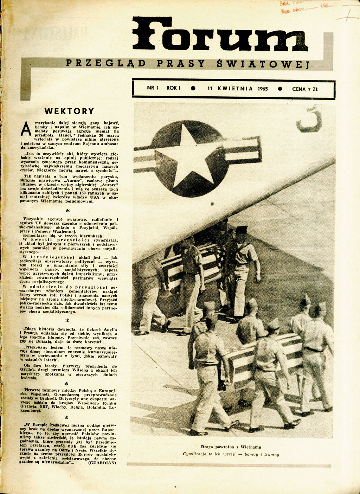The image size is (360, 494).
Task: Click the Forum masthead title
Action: tap(220, 34)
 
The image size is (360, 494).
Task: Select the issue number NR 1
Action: tap(153, 88)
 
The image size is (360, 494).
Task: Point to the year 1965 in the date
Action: tap(262, 89)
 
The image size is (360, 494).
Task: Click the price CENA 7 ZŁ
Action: tap(304, 89)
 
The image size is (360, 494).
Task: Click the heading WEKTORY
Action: tap(69, 111)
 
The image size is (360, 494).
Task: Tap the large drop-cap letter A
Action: tap(26, 129)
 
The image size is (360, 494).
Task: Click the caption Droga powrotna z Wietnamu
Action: tap(231, 447)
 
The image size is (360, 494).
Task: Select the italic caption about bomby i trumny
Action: tap(231, 454)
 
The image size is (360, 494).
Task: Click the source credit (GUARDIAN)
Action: tap(102, 463)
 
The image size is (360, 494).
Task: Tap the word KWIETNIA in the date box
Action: tap(235, 89)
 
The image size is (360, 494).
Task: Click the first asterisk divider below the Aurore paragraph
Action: tap(68, 211)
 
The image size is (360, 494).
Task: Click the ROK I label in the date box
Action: tap(173, 88)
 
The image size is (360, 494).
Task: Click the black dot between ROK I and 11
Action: tap(193, 89)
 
